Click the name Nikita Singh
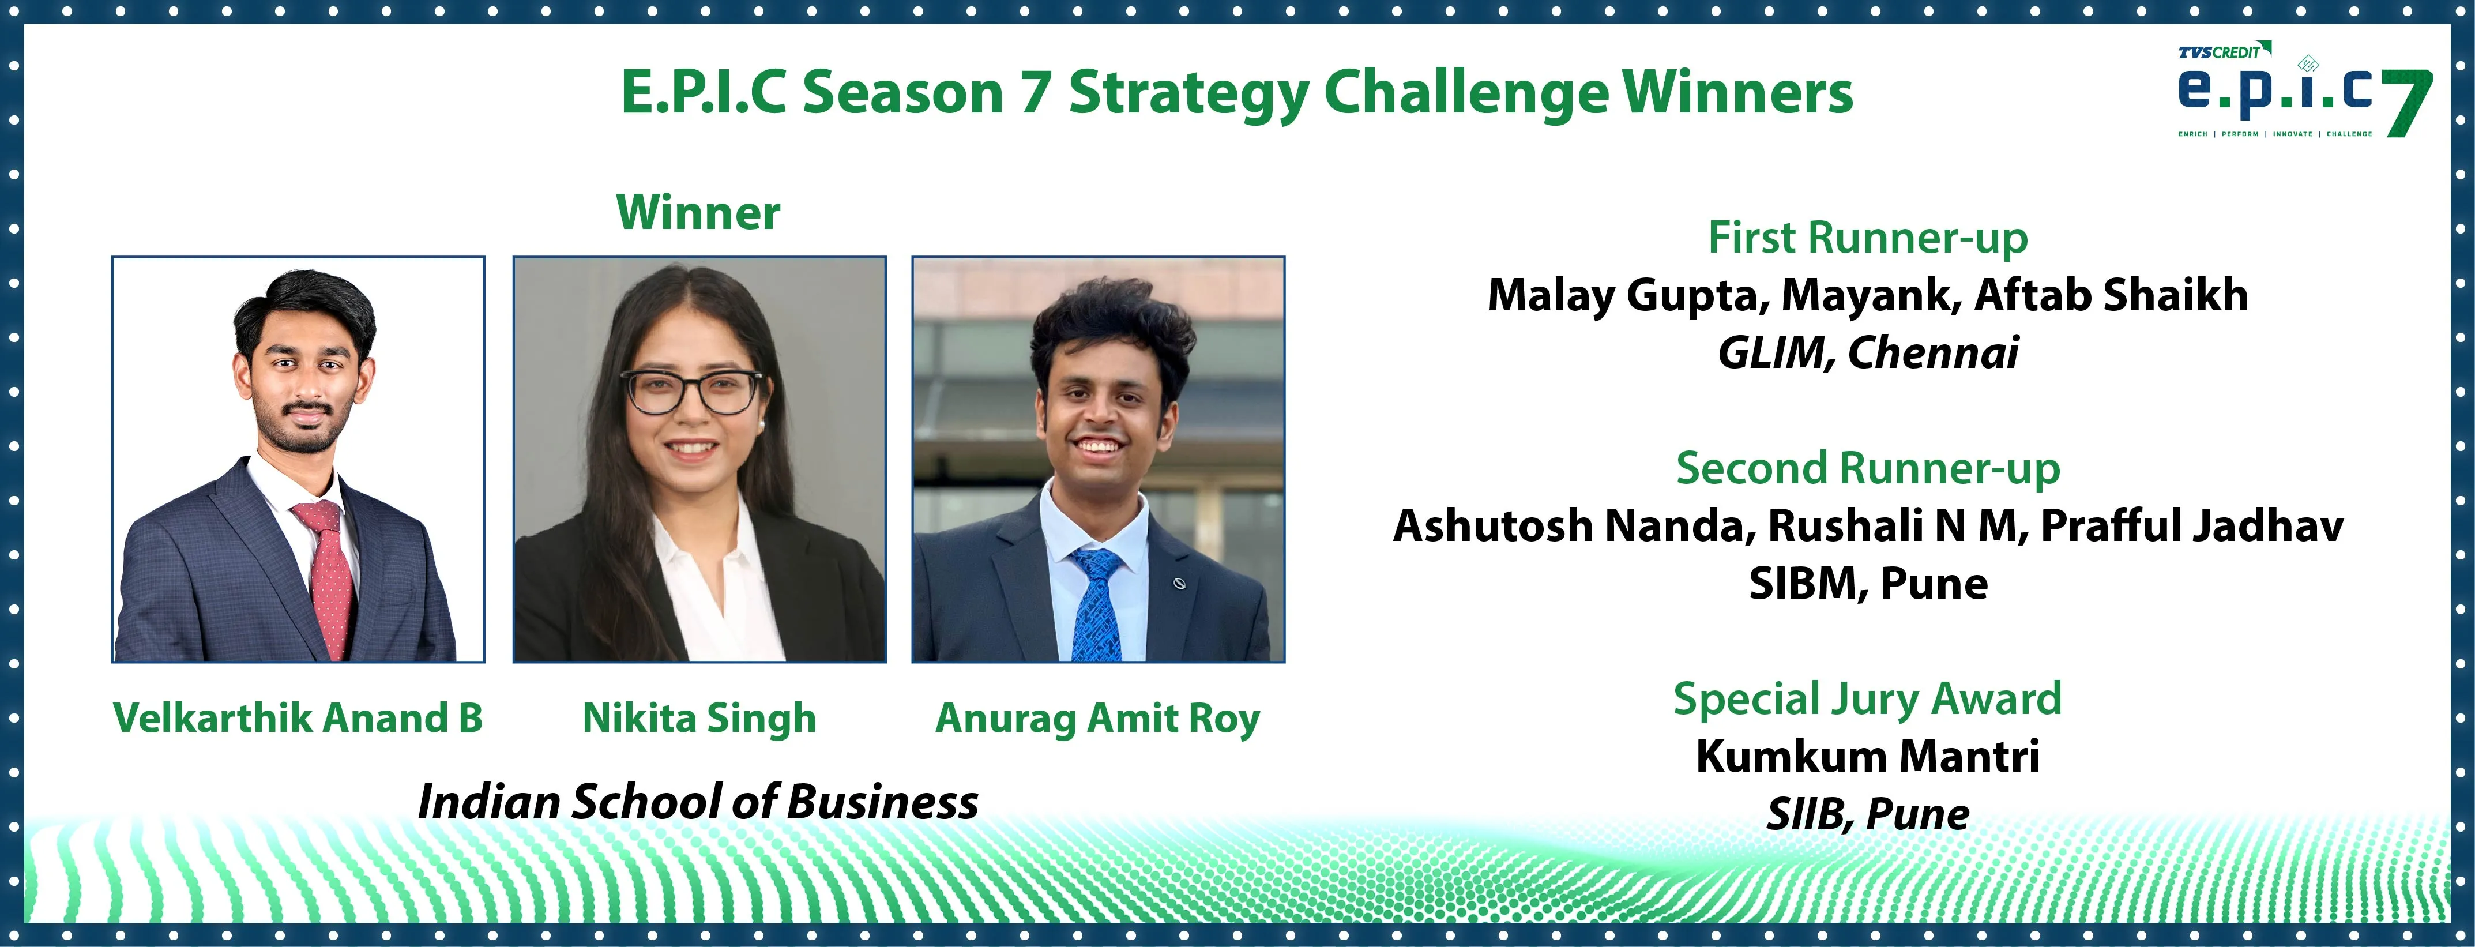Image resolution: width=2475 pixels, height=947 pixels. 699,719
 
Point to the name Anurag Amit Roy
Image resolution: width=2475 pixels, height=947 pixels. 1097,719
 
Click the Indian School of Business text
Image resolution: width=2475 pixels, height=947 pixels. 698,802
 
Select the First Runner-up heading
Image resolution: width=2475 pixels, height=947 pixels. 1868,237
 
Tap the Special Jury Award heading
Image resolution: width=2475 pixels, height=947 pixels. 1868,698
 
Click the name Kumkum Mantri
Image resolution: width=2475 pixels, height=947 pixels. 1868,756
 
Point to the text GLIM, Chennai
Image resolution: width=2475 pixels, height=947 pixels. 1868,352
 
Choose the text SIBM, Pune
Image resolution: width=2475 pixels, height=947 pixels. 1868,583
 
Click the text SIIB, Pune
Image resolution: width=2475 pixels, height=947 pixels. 1868,814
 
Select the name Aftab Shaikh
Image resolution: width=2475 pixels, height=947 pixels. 2111,295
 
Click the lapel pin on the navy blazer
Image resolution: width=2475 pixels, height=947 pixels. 1180,583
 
